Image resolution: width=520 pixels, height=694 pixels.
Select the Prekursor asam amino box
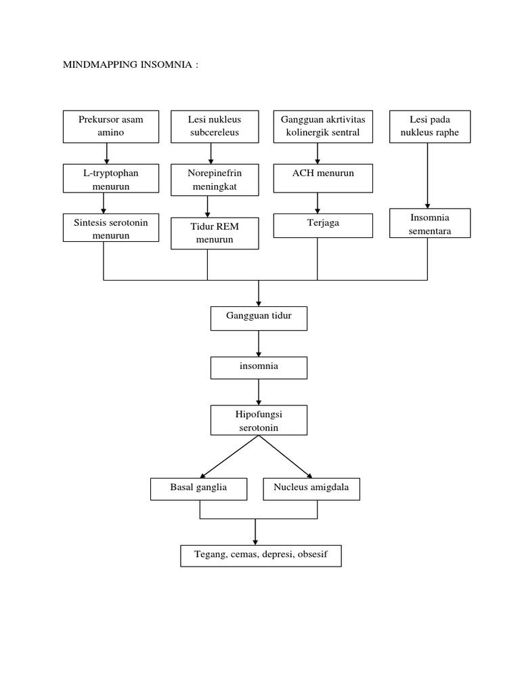111,126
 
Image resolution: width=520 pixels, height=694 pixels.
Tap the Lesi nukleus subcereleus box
214,126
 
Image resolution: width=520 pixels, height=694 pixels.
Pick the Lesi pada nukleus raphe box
430,126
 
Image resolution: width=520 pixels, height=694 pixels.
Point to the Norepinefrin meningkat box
214,180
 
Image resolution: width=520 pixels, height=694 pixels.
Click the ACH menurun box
323,180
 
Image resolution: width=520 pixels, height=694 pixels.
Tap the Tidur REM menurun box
215,233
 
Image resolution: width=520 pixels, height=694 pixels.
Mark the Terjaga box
323,226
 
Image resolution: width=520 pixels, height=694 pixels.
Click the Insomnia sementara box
430,224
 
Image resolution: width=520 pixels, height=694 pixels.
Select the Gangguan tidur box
259,318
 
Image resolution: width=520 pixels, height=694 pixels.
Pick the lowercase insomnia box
259,368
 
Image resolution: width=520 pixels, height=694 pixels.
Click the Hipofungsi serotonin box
259,420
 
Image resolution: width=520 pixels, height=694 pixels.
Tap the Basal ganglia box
198,488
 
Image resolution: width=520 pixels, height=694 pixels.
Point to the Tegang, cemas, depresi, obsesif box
261,555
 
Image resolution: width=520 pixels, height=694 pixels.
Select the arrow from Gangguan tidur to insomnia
259,344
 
